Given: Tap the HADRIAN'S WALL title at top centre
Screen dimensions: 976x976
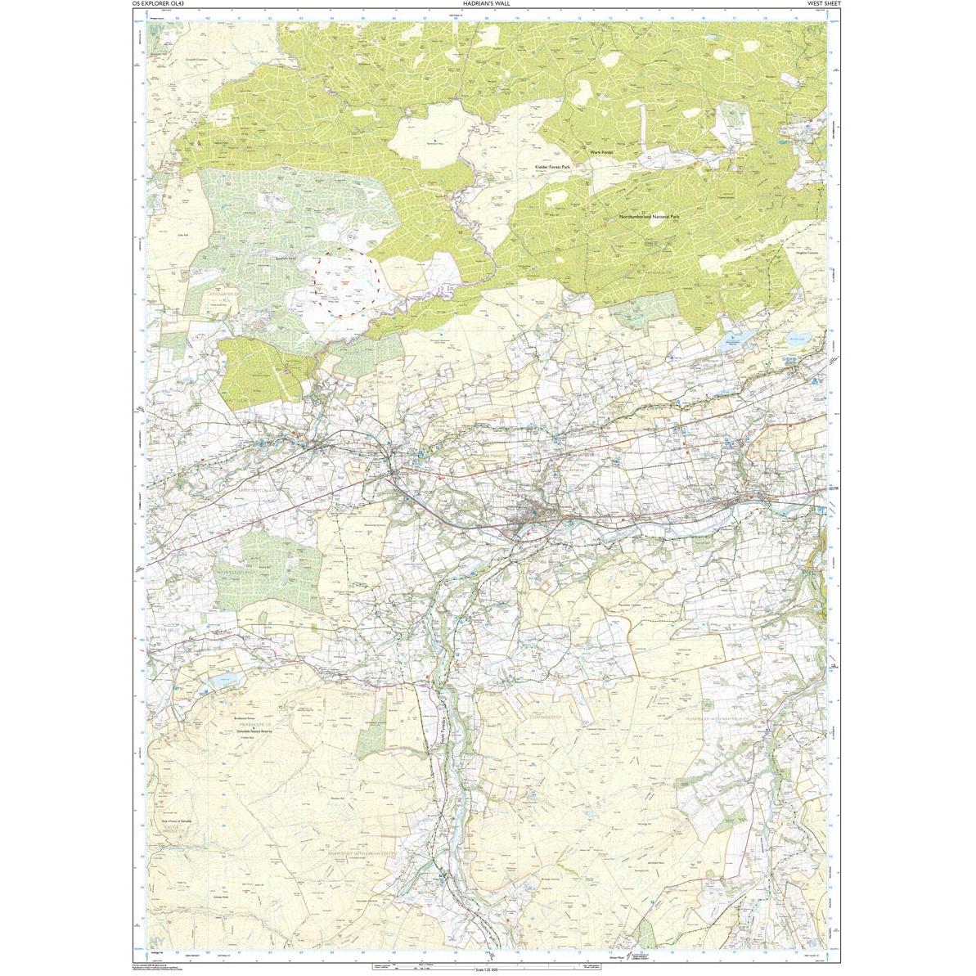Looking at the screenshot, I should (487, 4).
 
